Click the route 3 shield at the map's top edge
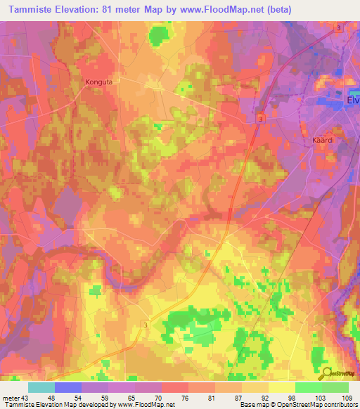[339, 27]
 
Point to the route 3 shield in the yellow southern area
[146, 325]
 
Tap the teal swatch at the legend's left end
[41, 387]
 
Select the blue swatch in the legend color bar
[68, 387]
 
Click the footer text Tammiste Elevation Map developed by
[52, 405]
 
